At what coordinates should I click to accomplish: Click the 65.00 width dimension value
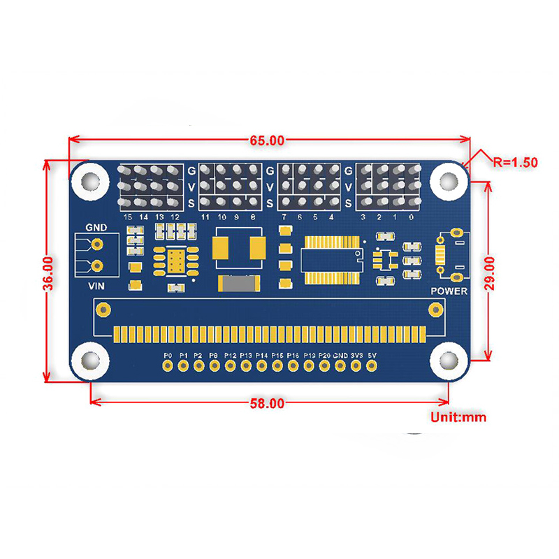[267, 140]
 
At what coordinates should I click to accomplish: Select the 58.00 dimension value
[267, 403]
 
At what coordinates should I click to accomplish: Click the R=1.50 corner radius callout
[514, 162]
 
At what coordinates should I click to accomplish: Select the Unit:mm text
[458, 418]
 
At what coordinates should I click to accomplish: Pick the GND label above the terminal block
[96, 227]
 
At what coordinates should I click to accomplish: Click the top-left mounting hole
[88, 180]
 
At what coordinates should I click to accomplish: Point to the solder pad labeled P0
[167, 366]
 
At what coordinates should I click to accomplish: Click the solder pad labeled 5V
[372, 366]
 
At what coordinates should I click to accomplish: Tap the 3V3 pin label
[356, 356]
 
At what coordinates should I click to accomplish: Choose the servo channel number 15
[127, 217]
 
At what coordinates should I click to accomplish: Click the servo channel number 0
[411, 217]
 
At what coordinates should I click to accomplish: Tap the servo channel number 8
[252, 217]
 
